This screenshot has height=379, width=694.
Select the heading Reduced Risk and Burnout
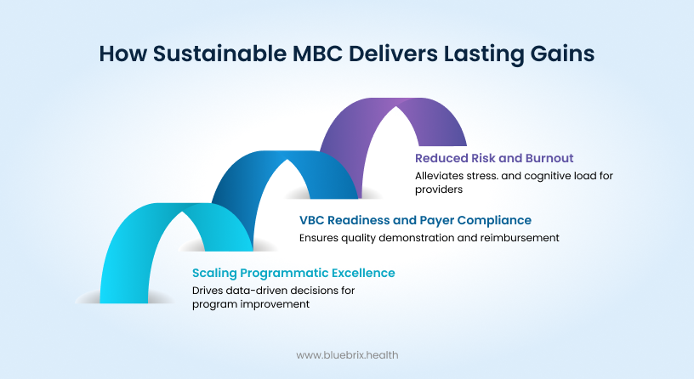(x=494, y=158)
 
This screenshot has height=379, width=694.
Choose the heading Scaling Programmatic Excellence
(x=293, y=273)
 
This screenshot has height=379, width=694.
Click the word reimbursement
(x=518, y=238)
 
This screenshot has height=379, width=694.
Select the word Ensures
(x=319, y=238)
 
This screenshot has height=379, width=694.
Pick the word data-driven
(x=256, y=291)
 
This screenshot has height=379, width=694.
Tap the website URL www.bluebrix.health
(x=347, y=354)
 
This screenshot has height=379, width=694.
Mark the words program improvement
(x=250, y=304)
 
